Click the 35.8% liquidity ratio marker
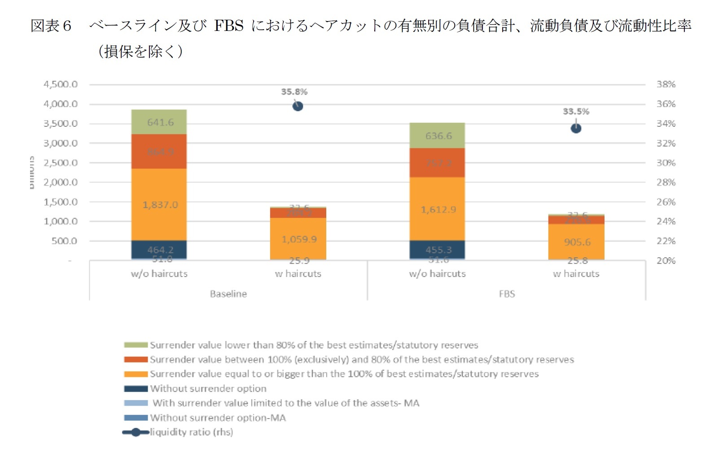pos(298,106)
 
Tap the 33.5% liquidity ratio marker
pos(576,128)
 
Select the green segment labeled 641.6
pos(159,122)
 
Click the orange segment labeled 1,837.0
pos(159,204)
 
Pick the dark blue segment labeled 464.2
pos(159,250)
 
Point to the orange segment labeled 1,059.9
pos(298,239)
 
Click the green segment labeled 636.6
pos(437,135)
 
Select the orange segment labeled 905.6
pos(576,242)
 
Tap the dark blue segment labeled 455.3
pos(437,250)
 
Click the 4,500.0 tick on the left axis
pos(60,84)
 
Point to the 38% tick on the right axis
pos(666,84)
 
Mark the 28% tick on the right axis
pos(666,182)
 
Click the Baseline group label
pos(228,294)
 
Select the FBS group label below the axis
pos(507,294)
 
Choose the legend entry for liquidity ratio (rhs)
pos(191,432)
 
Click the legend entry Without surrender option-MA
pos(218,418)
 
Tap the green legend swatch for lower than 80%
pos(136,345)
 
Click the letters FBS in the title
pos(228,26)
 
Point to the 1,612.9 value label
pos(438,210)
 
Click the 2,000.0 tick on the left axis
pos(60,182)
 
